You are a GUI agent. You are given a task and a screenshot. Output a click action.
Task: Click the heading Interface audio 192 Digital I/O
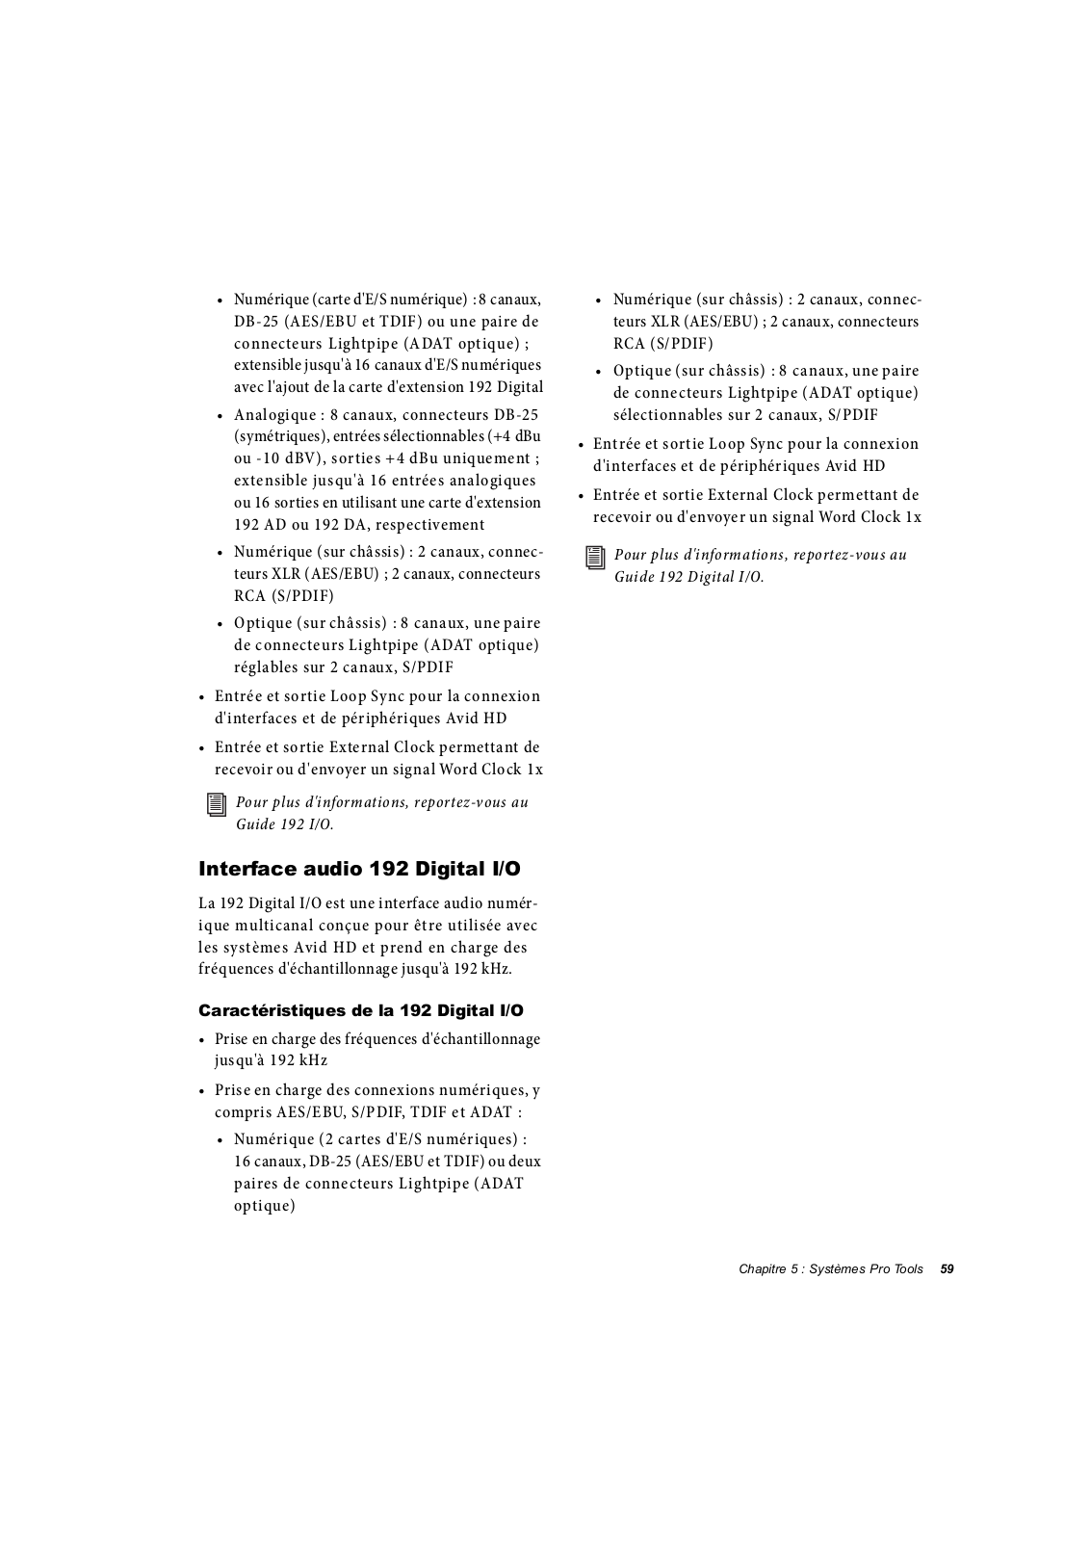point(359,869)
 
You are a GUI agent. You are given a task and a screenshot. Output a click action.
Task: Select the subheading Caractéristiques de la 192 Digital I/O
point(361,1010)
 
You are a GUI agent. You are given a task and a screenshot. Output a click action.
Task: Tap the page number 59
point(947,1269)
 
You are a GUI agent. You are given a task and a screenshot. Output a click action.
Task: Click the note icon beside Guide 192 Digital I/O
point(596,558)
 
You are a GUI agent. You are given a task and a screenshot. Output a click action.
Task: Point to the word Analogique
point(274,415)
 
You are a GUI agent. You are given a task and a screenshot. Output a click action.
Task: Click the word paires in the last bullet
point(256,1184)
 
